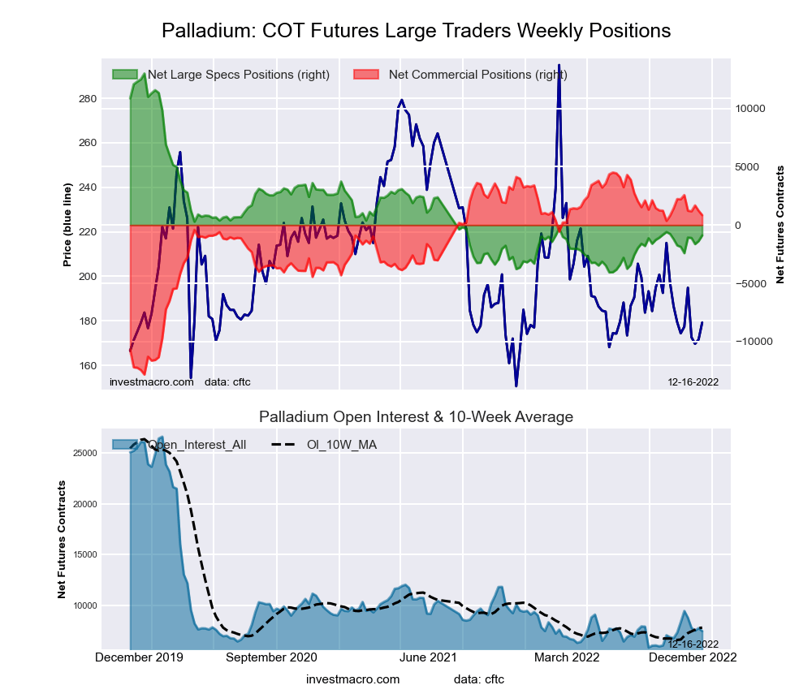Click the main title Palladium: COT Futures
pos(416,31)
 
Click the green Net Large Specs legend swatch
pos(125,75)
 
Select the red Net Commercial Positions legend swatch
pos(367,75)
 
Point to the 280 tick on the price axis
pos(87,99)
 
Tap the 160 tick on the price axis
pos(87,365)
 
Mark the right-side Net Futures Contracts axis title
pos(780,224)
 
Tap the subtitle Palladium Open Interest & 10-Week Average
pos(416,417)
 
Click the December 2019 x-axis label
pos(139,657)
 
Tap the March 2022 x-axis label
pos(567,657)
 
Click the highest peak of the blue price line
pos(559,65)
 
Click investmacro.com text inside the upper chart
pos(151,381)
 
